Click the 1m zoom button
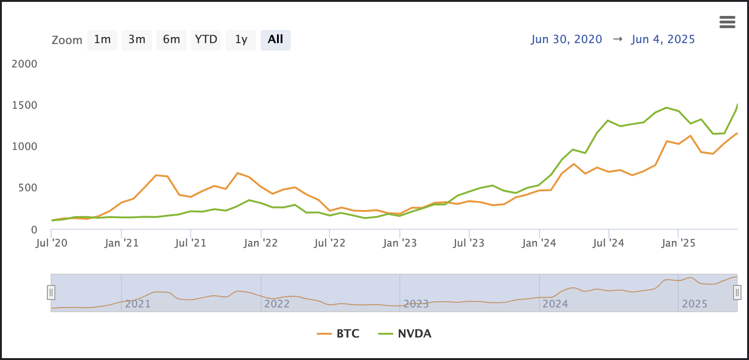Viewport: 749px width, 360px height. click(102, 40)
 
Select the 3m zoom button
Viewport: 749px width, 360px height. click(137, 40)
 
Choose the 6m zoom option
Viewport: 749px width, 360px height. click(172, 40)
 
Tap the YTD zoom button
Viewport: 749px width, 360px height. click(206, 40)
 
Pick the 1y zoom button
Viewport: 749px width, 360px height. click(241, 40)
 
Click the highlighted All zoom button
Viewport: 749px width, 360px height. click(276, 40)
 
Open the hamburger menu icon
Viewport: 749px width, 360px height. click(727, 22)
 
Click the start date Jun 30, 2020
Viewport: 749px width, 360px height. click(566, 39)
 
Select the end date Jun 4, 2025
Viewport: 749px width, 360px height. click(663, 39)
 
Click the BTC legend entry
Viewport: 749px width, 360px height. click(338, 334)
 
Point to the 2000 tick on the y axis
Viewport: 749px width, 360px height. click(24, 64)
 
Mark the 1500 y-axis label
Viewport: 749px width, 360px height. click(24, 105)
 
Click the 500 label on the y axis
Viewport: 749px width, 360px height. click(27, 188)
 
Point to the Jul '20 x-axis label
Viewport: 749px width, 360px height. click(52, 243)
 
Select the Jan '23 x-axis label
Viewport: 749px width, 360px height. click(400, 243)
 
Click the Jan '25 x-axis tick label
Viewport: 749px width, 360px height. click(678, 243)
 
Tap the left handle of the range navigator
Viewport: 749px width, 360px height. click(51, 293)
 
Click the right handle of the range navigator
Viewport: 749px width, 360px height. click(737, 293)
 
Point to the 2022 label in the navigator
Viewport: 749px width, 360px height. click(277, 304)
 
